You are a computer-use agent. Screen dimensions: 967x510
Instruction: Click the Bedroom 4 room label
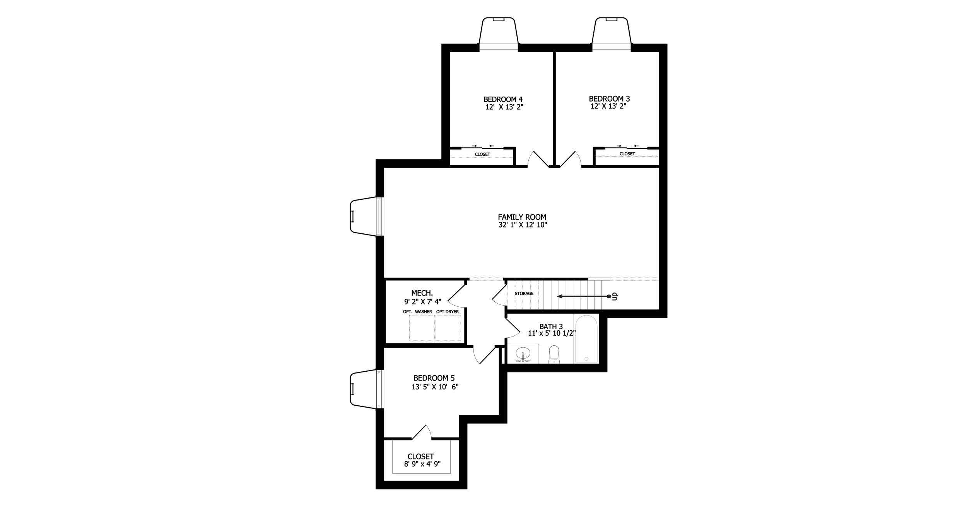[x=503, y=99]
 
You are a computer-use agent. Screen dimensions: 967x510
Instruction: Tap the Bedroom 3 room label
[x=609, y=99]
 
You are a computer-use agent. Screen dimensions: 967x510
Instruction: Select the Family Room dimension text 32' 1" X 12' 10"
[x=523, y=224]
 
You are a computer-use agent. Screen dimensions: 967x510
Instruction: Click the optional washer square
[x=422, y=328]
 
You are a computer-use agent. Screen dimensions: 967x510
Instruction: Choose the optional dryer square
[x=448, y=328]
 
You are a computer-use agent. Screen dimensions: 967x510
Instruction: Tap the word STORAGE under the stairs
[x=524, y=294]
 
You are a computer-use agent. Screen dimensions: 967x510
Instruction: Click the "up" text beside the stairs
[x=615, y=297]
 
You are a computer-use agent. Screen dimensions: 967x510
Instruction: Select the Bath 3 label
[x=551, y=326]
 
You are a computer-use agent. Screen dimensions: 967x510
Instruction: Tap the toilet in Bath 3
[x=554, y=354]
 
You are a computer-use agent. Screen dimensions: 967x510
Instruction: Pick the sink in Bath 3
[x=523, y=354]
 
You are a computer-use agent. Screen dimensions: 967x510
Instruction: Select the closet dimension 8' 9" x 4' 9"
[x=422, y=464]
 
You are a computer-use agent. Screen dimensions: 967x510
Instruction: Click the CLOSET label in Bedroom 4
[x=482, y=155]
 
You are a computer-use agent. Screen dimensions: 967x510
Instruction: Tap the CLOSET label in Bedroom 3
[x=627, y=154]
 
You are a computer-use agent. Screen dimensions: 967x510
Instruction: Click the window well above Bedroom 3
[x=612, y=35]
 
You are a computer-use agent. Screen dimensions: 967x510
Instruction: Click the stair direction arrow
[x=584, y=297]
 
